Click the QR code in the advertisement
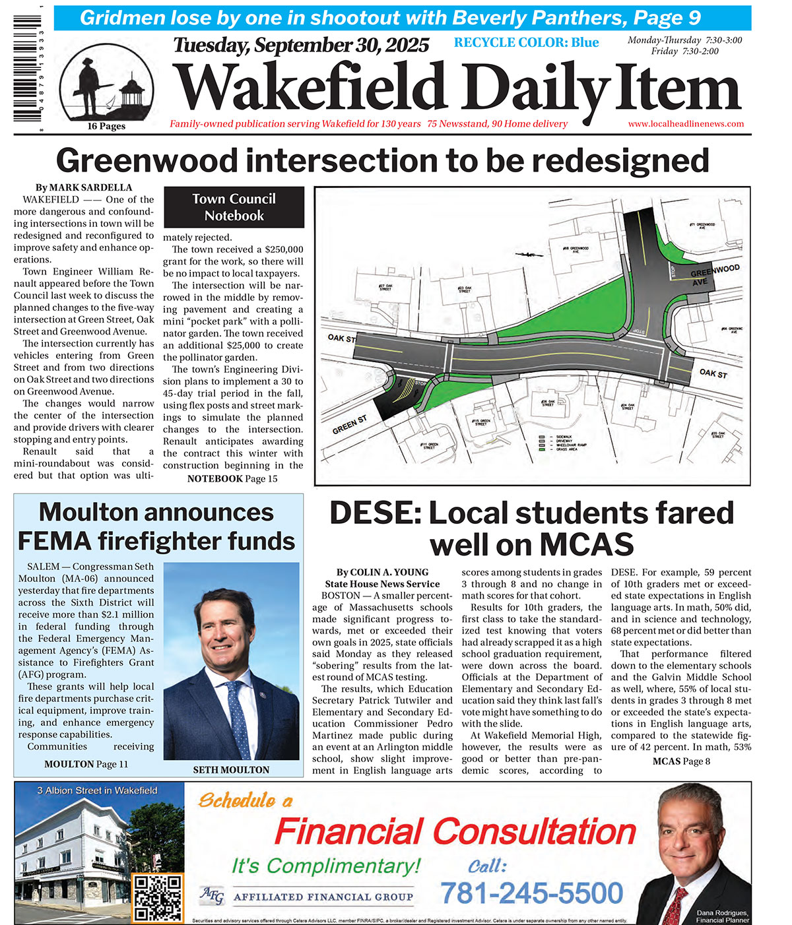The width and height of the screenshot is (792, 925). (x=158, y=898)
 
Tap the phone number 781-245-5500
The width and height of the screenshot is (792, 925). (x=531, y=893)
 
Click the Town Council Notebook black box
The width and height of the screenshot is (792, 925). (x=234, y=207)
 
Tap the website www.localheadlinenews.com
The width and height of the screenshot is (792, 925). (x=685, y=124)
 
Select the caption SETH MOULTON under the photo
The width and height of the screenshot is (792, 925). (x=231, y=770)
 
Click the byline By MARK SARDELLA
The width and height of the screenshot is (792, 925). (x=84, y=187)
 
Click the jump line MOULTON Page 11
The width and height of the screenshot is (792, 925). (x=86, y=764)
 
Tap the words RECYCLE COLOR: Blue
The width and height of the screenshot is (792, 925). (x=526, y=43)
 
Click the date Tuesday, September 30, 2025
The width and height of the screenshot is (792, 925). (x=301, y=46)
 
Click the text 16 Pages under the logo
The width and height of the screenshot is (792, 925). (x=106, y=127)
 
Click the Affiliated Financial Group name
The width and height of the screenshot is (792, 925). (x=323, y=897)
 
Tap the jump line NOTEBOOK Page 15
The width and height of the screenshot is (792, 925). (x=232, y=478)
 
